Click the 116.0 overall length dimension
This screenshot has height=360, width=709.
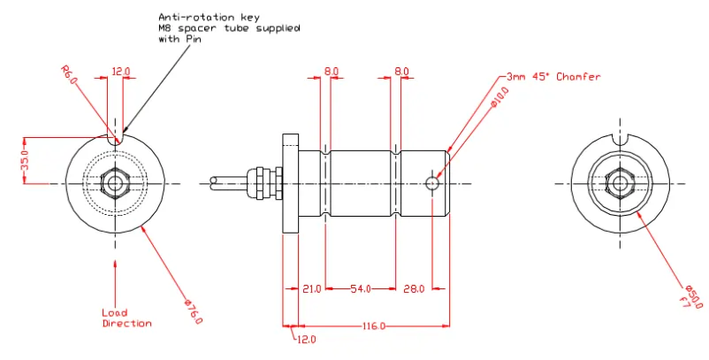click(373, 327)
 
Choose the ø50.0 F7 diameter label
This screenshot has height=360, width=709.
click(690, 299)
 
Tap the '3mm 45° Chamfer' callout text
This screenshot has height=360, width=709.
click(553, 77)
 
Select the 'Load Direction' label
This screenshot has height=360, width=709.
click(126, 318)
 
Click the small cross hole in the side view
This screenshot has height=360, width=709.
click(431, 183)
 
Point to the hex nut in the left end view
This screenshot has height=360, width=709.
click(115, 183)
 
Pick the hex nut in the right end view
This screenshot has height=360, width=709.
click(620, 183)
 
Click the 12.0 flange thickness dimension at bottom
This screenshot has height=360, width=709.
click(306, 340)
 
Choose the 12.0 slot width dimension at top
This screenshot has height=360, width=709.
click(120, 71)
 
